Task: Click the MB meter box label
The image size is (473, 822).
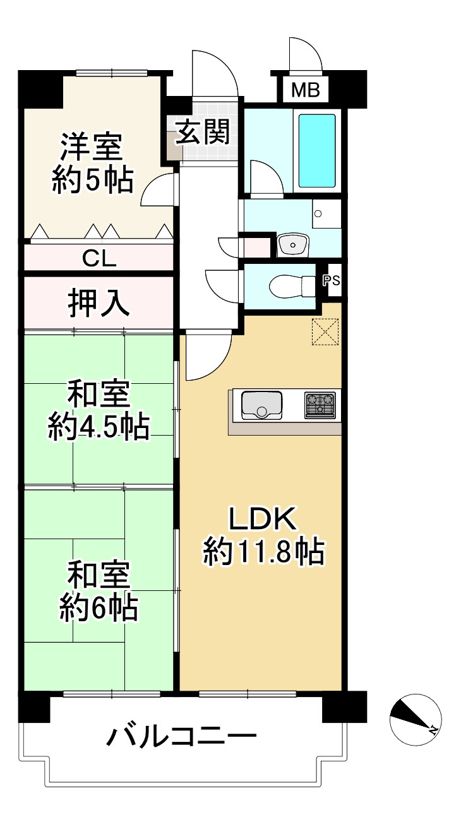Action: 306,91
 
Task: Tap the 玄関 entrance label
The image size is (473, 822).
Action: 201,132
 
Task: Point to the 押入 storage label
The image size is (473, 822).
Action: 99,304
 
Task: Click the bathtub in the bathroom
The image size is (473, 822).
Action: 316,150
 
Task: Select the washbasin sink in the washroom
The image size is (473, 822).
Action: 292,244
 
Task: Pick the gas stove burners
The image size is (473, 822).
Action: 320,405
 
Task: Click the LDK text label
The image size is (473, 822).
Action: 262,519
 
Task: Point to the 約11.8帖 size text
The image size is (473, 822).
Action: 263,552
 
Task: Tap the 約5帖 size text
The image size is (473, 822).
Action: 92,181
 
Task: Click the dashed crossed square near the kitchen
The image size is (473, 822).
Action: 325,332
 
